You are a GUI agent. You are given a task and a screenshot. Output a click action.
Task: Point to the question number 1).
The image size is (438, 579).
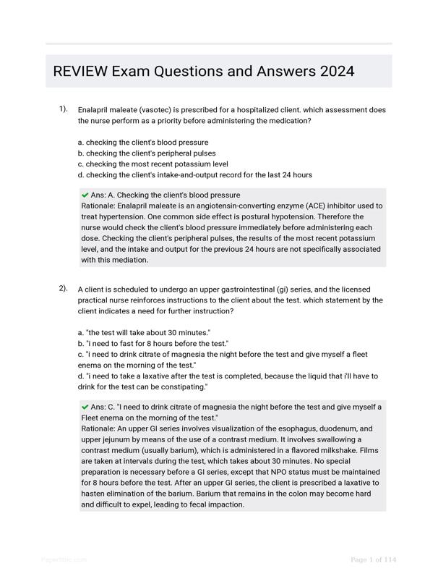(x=63, y=109)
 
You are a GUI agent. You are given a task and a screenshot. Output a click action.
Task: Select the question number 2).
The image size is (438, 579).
(x=63, y=288)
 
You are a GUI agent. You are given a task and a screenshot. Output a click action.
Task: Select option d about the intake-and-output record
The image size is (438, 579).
(x=194, y=175)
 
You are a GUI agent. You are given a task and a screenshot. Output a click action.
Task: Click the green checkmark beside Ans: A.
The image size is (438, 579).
(x=85, y=195)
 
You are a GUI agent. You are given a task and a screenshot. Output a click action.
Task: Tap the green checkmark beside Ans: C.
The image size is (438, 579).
(x=85, y=407)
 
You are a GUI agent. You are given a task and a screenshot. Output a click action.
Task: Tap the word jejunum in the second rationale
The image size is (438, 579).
(x=113, y=439)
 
